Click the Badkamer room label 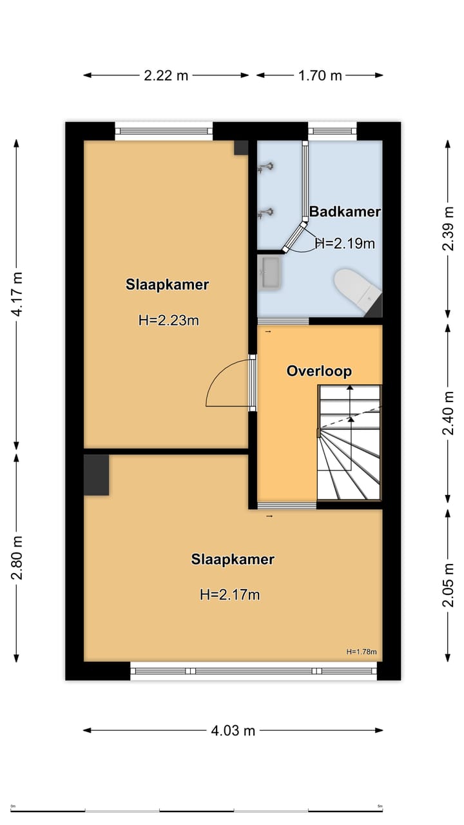coord(345,211)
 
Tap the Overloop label coord(319,371)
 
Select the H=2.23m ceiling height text coord(168,320)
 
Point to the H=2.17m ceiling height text coord(230,594)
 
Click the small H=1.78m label coord(361,652)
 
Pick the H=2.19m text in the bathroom coord(345,243)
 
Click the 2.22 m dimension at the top coord(166,75)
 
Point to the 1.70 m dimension coord(320,75)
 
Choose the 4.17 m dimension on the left coord(17,294)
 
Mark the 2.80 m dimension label coord(17,558)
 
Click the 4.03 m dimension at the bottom coord(233,730)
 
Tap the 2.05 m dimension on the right coord(449,585)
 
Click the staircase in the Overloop coord(349,443)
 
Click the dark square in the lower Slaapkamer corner coord(97,475)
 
